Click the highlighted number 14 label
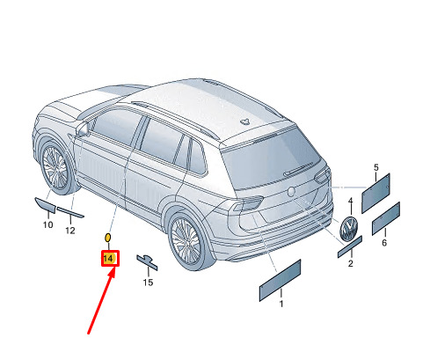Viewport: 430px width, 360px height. (x=108, y=259)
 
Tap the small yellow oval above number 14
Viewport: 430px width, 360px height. (x=107, y=237)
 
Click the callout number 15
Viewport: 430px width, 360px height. (x=148, y=283)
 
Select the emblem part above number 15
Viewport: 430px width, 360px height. (x=147, y=261)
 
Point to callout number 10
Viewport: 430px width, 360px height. (x=48, y=224)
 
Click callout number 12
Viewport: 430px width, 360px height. (x=70, y=231)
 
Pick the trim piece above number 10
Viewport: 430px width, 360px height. (x=45, y=205)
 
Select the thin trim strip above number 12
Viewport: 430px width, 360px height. (x=70, y=212)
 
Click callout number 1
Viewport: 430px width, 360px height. (x=281, y=304)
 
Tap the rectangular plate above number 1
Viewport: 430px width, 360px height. (x=280, y=280)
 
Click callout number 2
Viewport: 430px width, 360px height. (x=351, y=263)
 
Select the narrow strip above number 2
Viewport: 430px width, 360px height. (x=350, y=246)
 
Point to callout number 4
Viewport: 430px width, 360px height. (x=350, y=201)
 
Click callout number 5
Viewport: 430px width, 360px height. (x=376, y=167)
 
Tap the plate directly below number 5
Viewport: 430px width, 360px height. (x=375, y=193)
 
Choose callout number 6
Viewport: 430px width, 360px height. (x=384, y=242)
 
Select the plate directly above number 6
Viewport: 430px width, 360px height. (x=386, y=218)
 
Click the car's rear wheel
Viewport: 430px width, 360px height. (x=186, y=240)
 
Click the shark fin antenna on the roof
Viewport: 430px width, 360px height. (x=244, y=121)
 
